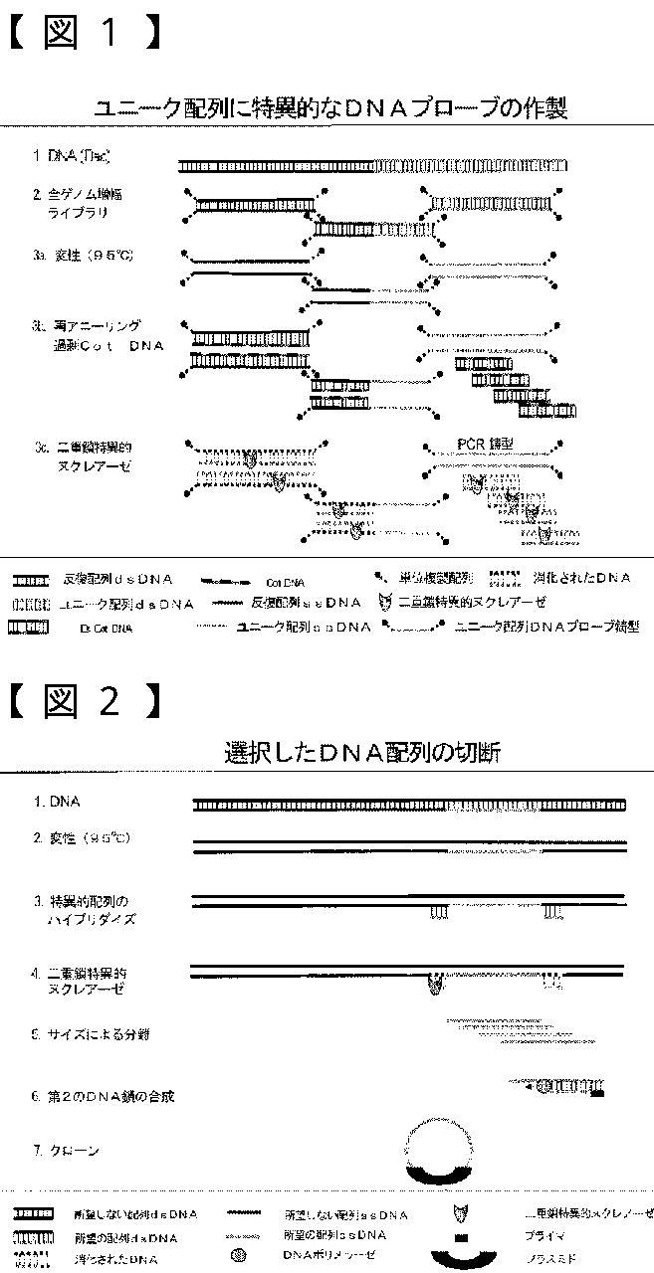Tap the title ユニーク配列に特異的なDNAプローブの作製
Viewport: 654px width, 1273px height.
click(x=329, y=108)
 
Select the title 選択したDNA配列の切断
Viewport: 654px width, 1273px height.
click(x=362, y=753)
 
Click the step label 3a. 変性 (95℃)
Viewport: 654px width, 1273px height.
click(x=83, y=256)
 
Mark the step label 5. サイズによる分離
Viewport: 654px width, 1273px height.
click(x=91, y=1034)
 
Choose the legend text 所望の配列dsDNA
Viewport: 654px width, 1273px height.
click(x=126, y=1238)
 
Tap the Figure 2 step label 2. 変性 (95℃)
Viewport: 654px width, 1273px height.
click(x=81, y=838)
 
